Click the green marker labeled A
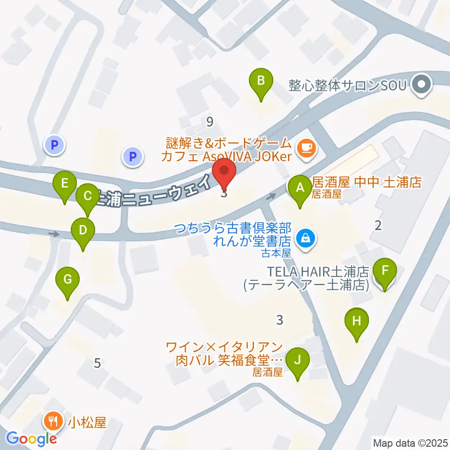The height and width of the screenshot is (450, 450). tap(300, 188)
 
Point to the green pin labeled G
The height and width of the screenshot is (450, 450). tap(67, 281)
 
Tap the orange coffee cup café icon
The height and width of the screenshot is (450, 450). tap(307, 149)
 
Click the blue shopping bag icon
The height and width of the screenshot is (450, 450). tap(306, 240)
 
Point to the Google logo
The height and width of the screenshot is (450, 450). tap(31, 439)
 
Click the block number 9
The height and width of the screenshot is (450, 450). tap(210, 122)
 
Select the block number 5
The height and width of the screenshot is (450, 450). tap(97, 362)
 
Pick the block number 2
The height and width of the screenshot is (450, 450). tap(378, 225)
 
